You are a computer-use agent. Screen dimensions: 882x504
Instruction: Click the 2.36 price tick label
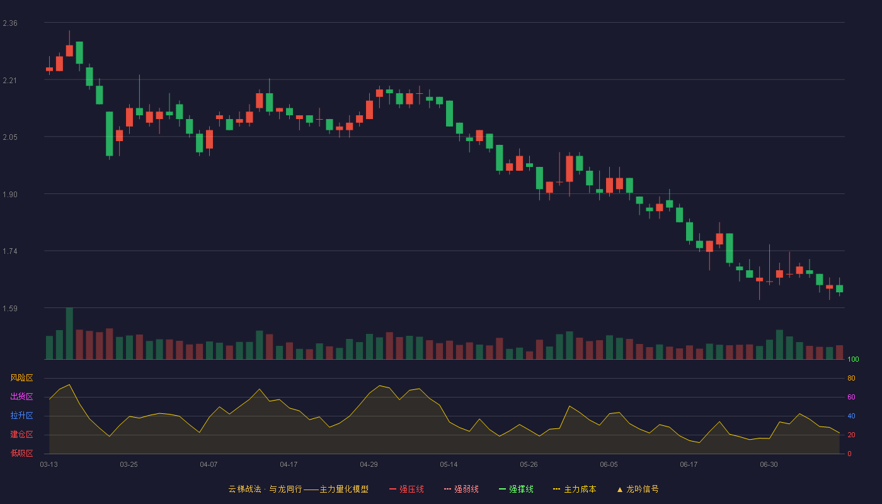(x=10, y=23)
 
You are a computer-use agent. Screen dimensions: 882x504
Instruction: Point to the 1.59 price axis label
(x=10, y=308)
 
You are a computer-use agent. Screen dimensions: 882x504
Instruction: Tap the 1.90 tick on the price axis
(x=10, y=195)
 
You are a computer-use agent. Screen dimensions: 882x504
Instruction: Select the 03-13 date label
(x=49, y=465)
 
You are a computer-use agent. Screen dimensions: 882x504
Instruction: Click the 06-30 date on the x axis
(x=769, y=465)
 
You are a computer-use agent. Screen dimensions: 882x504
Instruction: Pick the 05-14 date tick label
(x=449, y=465)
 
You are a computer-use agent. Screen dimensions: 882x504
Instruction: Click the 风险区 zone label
(x=21, y=378)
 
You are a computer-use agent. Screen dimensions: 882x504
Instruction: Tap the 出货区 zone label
(x=21, y=396)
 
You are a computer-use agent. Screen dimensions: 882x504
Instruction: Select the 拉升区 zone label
(x=21, y=415)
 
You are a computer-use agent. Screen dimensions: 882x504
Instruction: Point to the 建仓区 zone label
(x=21, y=434)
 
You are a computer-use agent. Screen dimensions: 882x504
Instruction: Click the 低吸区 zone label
(x=21, y=453)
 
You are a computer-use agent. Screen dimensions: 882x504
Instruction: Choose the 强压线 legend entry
(x=406, y=489)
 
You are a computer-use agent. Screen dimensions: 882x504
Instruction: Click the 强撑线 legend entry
(x=516, y=489)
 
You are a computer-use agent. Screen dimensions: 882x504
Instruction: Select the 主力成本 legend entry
(x=575, y=489)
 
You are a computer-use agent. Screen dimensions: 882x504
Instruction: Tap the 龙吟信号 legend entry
(x=638, y=489)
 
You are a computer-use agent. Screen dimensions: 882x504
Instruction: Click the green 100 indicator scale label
(x=853, y=359)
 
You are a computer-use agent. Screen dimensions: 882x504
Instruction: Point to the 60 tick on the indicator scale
(x=851, y=397)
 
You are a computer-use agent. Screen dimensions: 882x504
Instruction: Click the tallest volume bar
(x=69, y=333)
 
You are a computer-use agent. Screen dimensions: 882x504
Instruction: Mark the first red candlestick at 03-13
(x=49, y=69)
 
